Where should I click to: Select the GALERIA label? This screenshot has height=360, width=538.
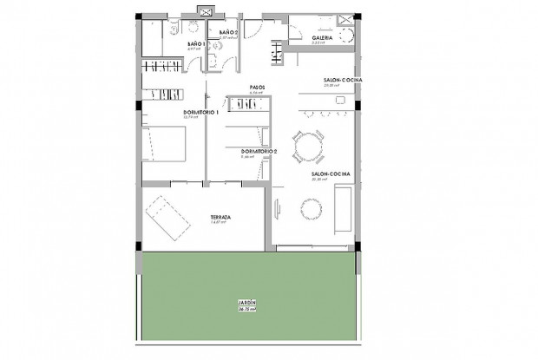[x=300, y=37]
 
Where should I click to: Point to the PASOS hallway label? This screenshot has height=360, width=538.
[x=257, y=87]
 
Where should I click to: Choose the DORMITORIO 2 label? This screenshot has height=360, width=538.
[x=259, y=151]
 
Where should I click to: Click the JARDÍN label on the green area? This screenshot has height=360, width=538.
[x=246, y=303]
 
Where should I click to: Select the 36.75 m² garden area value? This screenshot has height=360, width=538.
[x=246, y=309]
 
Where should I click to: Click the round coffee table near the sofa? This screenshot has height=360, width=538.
[x=310, y=208]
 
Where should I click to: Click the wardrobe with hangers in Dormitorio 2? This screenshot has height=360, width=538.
[x=246, y=103]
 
